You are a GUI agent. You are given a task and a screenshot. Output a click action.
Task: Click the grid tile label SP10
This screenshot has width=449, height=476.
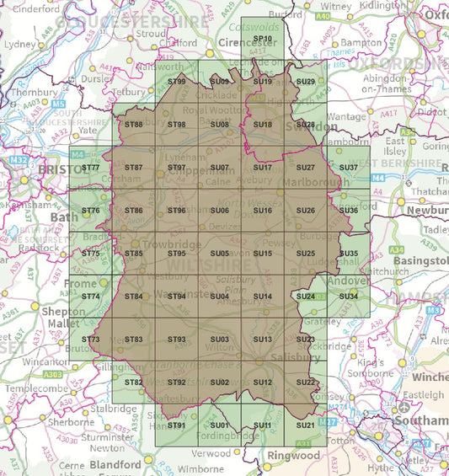(263, 39)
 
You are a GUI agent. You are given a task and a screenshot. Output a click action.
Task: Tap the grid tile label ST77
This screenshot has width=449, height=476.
(91, 168)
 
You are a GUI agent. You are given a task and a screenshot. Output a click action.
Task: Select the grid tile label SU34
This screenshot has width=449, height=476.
(349, 297)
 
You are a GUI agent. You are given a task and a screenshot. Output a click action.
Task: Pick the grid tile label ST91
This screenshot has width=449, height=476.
(177, 425)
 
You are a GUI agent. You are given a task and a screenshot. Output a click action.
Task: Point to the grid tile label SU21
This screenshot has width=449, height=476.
(306, 425)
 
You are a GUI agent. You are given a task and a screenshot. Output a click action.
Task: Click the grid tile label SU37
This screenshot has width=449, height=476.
(349, 168)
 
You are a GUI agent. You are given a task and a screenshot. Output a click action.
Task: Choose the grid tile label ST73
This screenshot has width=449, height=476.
(91, 340)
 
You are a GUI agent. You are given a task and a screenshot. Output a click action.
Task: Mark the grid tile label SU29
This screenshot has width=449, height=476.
(306, 82)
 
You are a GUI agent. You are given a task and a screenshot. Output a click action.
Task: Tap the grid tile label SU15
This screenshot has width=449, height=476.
(263, 254)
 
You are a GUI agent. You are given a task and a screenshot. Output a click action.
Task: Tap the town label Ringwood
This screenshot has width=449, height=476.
(294, 456)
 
